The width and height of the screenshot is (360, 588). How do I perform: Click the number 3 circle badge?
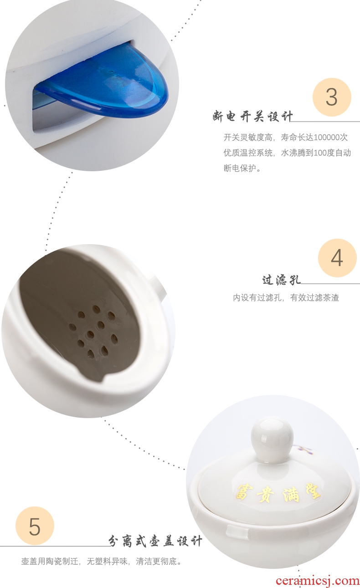click(x=332, y=97)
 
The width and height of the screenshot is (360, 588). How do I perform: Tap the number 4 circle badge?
click(x=337, y=258)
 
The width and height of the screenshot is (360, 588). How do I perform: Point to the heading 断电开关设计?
click(x=252, y=117)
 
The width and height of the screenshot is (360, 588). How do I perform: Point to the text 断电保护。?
click(x=242, y=168)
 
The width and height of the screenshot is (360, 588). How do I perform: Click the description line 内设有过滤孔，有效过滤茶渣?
click(x=286, y=298)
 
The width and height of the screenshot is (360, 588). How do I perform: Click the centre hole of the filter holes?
click(x=91, y=334)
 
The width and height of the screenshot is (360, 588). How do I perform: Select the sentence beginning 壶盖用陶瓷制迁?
click(x=102, y=562)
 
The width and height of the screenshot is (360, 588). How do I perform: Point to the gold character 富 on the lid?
click(x=244, y=494)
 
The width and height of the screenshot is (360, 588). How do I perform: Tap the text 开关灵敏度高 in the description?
click(x=248, y=137)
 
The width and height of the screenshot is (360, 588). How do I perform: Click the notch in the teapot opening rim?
click(x=92, y=374)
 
